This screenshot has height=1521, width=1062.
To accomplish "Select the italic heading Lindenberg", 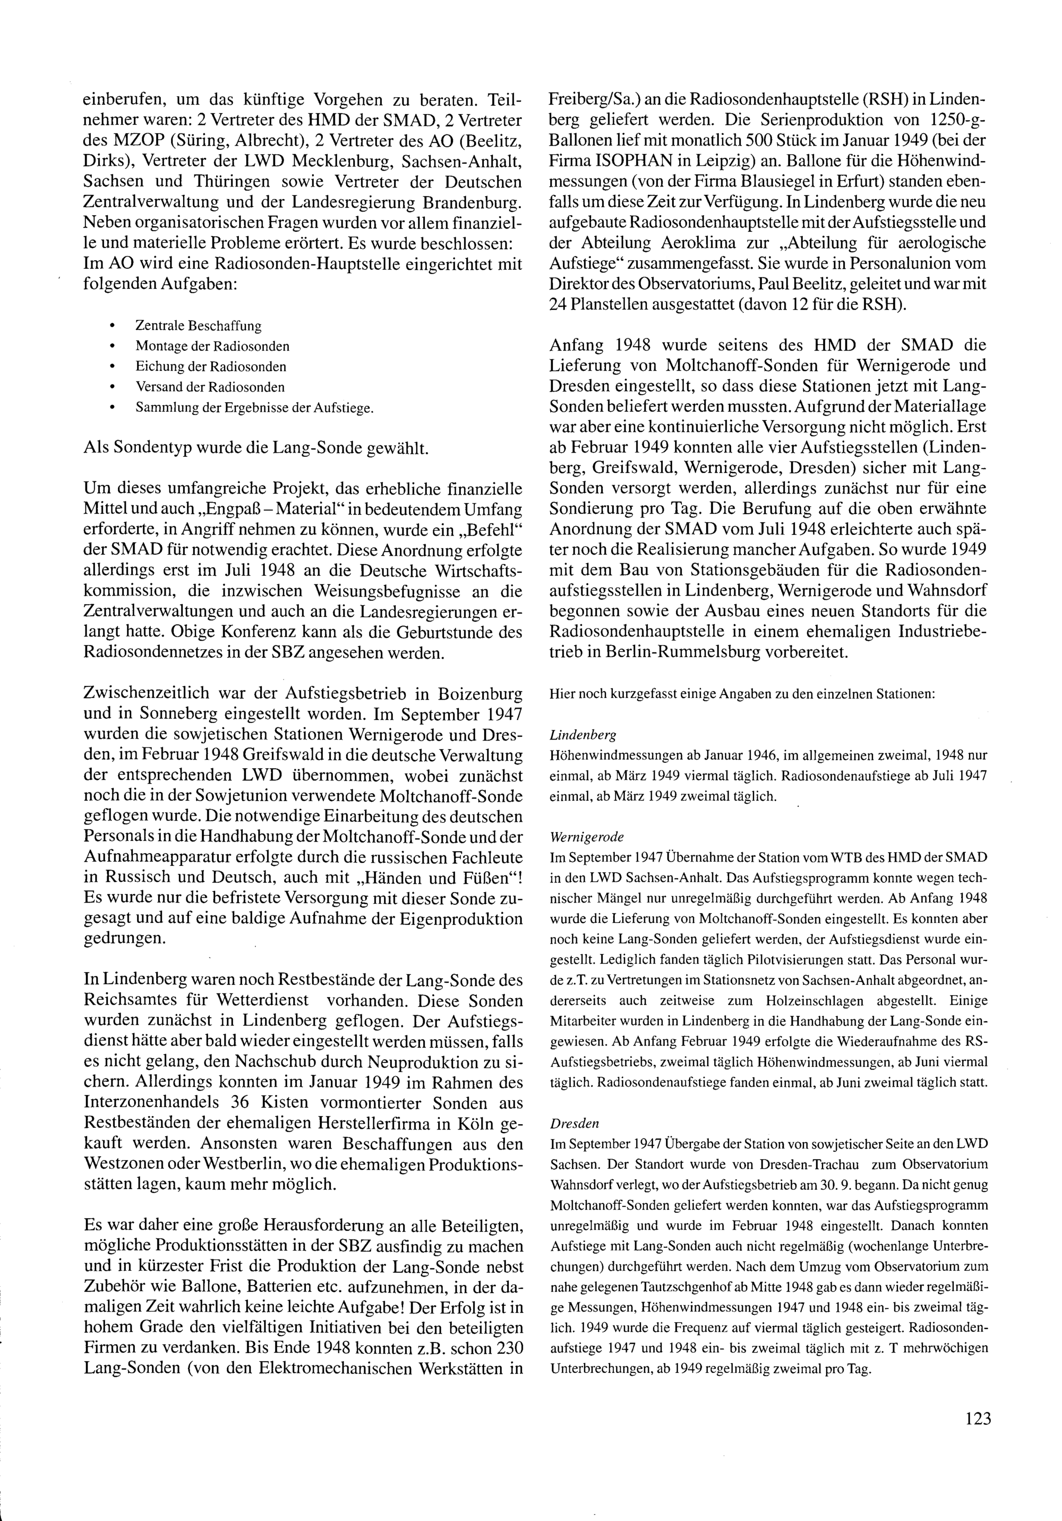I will [x=574, y=735].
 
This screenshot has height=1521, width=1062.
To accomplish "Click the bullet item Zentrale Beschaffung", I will [x=199, y=326].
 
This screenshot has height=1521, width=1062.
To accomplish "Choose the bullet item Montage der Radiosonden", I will [x=212, y=346].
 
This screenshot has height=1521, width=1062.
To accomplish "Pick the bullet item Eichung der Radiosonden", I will [x=211, y=367].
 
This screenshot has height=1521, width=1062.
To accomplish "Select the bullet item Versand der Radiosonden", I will [x=210, y=387].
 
